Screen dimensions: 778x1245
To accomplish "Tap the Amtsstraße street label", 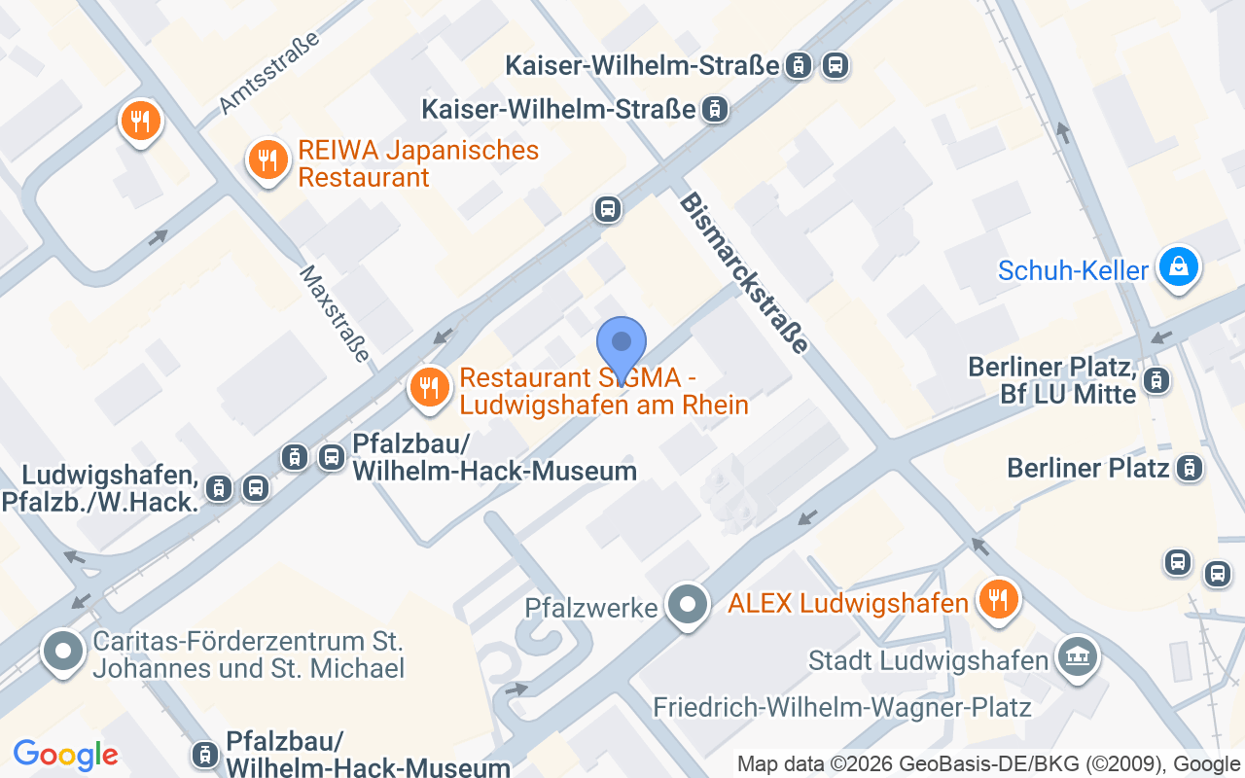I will (270, 73).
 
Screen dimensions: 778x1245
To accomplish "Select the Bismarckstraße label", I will (744, 272).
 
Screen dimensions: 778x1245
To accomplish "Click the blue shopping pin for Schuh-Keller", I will (1179, 266).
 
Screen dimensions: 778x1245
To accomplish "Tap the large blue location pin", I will (621, 346).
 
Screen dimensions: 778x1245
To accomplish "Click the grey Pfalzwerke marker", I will (689, 605).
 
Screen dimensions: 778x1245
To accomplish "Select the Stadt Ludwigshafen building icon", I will (1077, 657).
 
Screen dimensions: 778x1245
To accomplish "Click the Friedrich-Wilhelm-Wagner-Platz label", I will (841, 707).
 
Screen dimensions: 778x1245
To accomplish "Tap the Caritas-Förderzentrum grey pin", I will (64, 651).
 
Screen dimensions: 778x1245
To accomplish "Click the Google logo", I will (65, 755).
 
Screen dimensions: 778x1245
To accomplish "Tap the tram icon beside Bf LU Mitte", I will (1156, 380).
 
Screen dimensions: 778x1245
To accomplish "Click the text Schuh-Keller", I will (1073, 270).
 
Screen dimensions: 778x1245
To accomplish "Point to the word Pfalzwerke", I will (591, 608).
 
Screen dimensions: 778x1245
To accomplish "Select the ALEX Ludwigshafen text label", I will (848, 603).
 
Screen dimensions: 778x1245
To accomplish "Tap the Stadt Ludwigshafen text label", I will (929, 661).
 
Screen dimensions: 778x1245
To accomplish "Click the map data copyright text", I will (990, 763).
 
